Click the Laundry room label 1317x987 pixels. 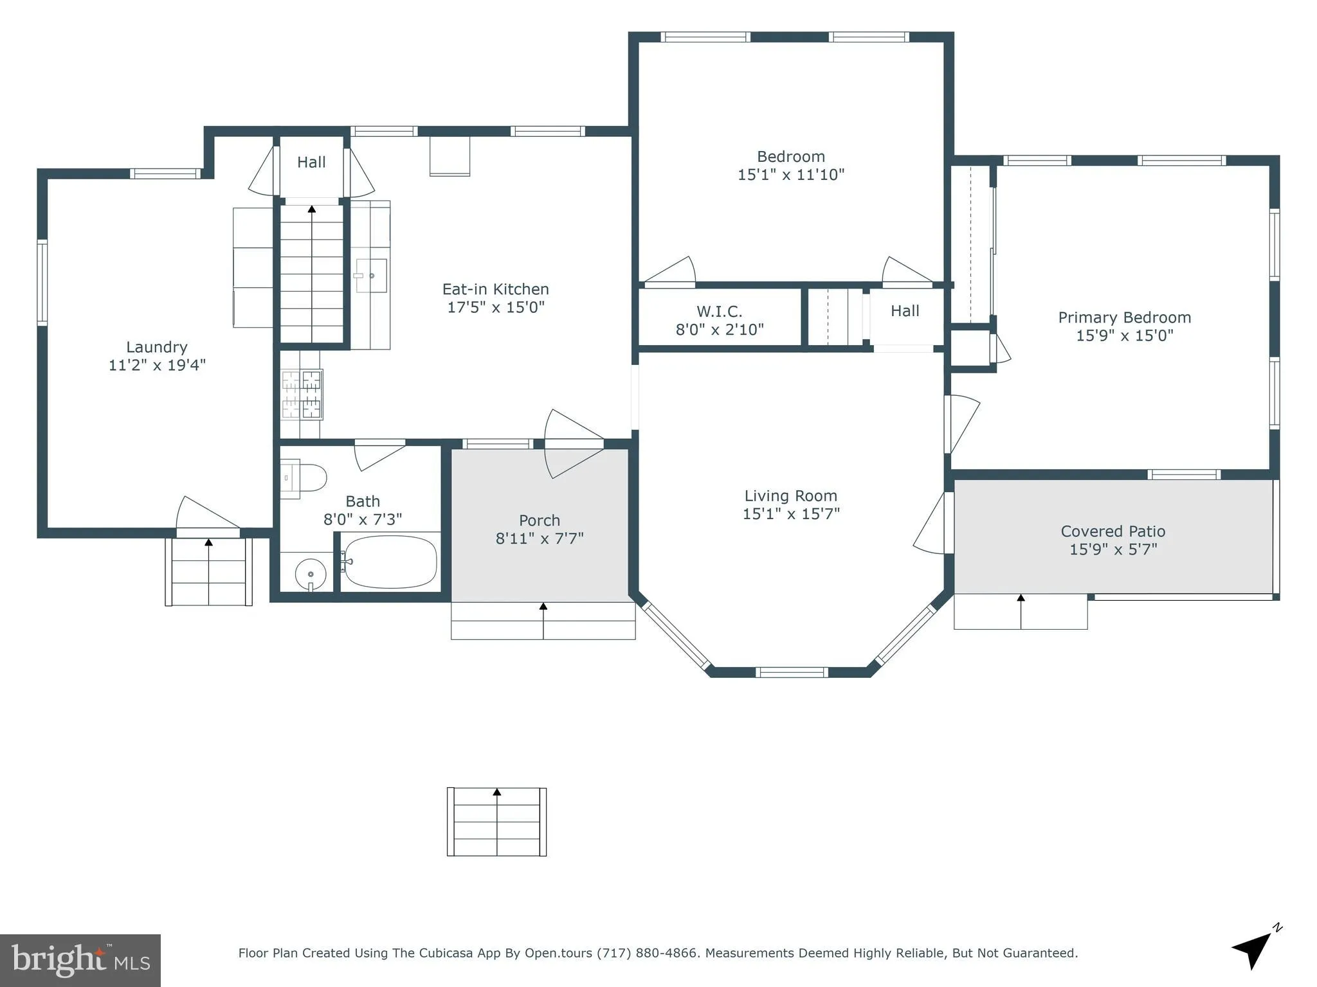(x=156, y=347)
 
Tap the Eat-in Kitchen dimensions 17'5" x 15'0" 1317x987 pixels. (x=495, y=307)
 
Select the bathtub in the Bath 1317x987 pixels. (x=389, y=562)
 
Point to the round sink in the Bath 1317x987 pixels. (x=311, y=573)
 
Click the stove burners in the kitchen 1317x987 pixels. (x=302, y=394)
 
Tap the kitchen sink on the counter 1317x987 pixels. (x=371, y=276)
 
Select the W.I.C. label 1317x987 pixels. (x=719, y=312)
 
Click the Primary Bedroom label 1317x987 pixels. (x=1124, y=317)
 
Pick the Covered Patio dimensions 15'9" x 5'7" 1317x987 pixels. (x=1113, y=549)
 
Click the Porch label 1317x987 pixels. (x=539, y=520)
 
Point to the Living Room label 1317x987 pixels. (x=790, y=496)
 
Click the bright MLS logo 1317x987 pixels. (x=80, y=960)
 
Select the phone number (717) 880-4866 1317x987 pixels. (x=647, y=953)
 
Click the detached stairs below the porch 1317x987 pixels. (x=496, y=822)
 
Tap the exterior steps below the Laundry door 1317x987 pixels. (x=208, y=572)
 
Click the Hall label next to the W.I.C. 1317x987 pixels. (x=904, y=311)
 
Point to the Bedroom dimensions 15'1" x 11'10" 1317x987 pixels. (x=790, y=175)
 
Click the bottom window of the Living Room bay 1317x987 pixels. (x=790, y=673)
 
